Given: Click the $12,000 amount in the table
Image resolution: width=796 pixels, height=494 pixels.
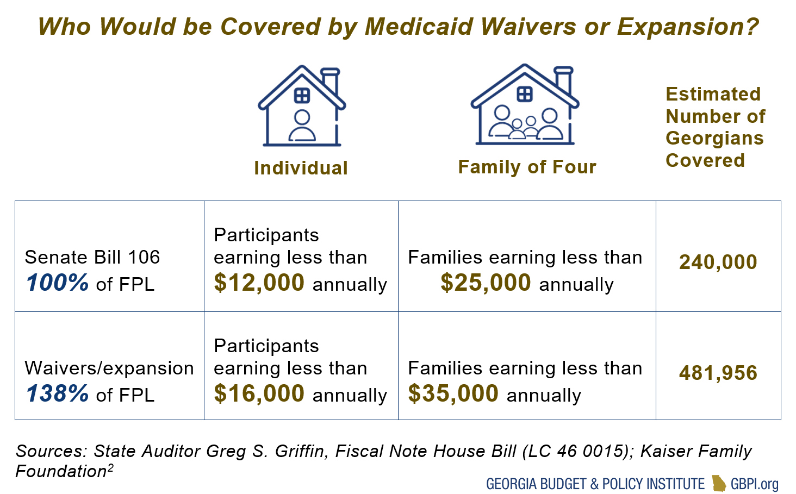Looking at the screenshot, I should click(x=259, y=283).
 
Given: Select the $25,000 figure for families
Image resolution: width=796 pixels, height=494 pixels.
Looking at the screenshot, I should click(x=486, y=283).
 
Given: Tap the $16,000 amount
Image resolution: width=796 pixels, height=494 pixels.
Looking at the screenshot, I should click(x=259, y=393).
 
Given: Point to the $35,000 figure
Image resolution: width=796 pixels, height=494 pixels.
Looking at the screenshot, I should click(x=453, y=393).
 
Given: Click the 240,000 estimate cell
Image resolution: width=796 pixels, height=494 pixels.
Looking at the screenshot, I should click(x=718, y=262).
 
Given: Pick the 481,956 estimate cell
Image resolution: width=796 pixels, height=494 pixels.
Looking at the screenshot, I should click(x=718, y=373).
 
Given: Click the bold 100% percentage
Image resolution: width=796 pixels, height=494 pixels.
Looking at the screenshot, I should click(x=57, y=283).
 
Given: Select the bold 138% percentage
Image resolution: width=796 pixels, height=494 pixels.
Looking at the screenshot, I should click(x=57, y=393).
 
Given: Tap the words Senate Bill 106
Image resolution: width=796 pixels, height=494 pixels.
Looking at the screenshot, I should click(x=92, y=257).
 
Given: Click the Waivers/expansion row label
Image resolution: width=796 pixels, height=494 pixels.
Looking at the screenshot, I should click(x=109, y=368).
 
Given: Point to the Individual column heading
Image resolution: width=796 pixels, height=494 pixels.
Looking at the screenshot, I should click(x=301, y=168).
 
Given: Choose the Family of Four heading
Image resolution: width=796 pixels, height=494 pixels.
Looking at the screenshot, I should click(x=527, y=167).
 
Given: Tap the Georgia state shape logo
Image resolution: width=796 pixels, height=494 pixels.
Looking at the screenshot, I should click(x=719, y=483).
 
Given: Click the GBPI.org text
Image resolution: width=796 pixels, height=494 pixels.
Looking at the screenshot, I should click(x=755, y=484).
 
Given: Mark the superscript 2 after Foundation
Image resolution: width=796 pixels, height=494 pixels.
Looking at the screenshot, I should click(x=110, y=467).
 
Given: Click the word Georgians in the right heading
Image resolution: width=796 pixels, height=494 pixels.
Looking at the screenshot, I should click(x=714, y=139).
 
